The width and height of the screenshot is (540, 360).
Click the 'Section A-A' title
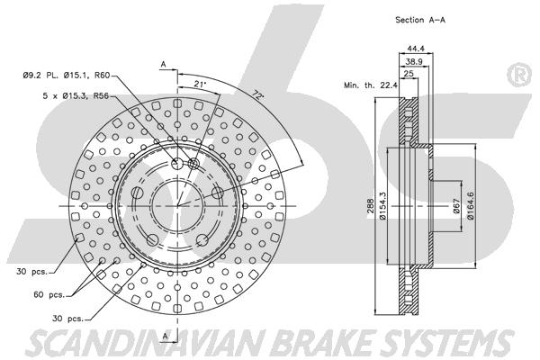click(x=420, y=20)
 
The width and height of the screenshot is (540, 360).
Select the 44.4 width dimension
click(x=415, y=49)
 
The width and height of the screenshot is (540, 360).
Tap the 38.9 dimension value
click(x=414, y=62)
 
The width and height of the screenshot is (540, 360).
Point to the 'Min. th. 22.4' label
click(x=371, y=85)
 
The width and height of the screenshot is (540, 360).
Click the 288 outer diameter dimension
click(x=370, y=206)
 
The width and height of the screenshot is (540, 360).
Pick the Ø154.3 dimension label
click(x=382, y=206)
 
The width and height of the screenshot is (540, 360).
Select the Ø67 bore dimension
click(x=456, y=206)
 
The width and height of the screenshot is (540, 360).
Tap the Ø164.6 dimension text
click(x=471, y=206)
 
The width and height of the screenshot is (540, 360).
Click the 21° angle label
click(x=200, y=84)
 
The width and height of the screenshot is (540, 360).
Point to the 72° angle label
click(x=258, y=94)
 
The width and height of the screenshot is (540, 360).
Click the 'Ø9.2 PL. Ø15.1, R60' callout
click(x=67, y=75)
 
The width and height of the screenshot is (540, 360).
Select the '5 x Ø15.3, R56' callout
click(x=76, y=95)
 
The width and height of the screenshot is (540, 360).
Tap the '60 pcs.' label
click(x=49, y=295)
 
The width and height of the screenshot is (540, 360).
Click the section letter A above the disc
click(x=164, y=64)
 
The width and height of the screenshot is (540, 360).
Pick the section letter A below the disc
click(x=166, y=336)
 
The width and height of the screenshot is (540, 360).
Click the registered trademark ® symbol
click(x=518, y=75)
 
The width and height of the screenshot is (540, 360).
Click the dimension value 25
click(x=408, y=74)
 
